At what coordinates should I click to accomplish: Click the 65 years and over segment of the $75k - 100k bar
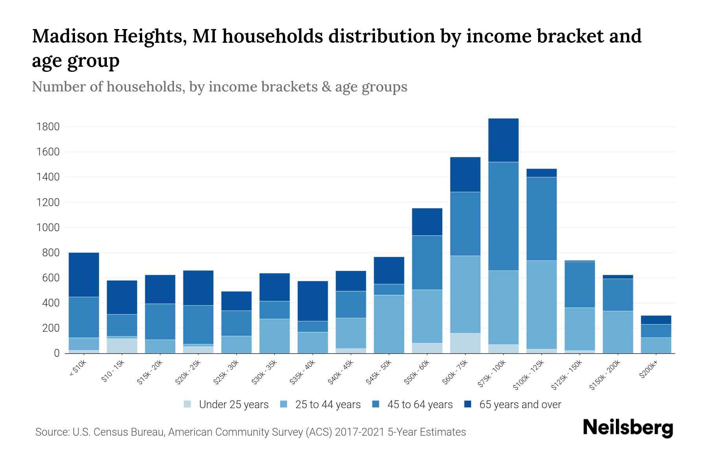[503, 140]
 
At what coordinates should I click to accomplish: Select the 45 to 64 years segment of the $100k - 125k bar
[541, 219]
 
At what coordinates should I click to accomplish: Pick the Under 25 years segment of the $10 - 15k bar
[122, 345]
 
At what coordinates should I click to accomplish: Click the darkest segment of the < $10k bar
[84, 275]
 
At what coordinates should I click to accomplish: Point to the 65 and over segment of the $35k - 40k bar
[313, 301]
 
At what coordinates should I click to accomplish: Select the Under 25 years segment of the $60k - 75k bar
[465, 343]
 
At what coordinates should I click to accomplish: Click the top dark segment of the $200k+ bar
[656, 320]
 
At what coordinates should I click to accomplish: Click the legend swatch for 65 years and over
[468, 404]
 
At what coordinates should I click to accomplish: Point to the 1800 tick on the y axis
[48, 127]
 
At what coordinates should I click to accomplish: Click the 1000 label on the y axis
[48, 228]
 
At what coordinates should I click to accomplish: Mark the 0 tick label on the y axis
[57, 353]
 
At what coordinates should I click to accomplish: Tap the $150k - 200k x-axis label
[605, 376]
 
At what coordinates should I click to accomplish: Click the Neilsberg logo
[628, 428]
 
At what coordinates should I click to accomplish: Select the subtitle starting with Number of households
[219, 87]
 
